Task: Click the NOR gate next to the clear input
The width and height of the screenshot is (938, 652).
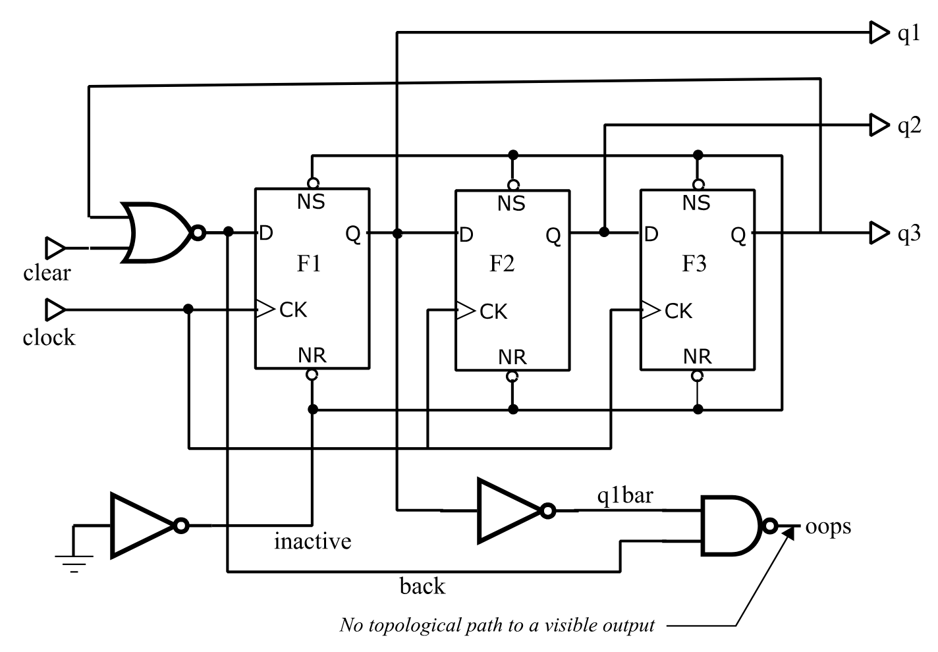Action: coord(158,232)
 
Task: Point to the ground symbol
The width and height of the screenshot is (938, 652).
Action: coord(74,560)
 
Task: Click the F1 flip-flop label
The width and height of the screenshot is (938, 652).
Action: coord(309,263)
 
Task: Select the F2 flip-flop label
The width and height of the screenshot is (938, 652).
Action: coord(502,263)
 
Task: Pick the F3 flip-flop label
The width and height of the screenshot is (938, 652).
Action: coord(694,263)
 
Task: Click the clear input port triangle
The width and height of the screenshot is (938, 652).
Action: coord(55,248)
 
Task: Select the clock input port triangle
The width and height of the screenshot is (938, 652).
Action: coord(55,309)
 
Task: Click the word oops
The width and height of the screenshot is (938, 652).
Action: coord(828,526)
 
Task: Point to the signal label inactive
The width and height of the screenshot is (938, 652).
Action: coord(312,541)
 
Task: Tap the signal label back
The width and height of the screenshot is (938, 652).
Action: coord(422,585)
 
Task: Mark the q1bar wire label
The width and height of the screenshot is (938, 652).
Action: coord(624,495)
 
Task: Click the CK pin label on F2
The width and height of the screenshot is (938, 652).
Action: coord(493,312)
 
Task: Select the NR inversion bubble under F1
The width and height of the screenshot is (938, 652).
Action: coord(312,375)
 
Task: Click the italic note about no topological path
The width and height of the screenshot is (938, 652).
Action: coord(497,625)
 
